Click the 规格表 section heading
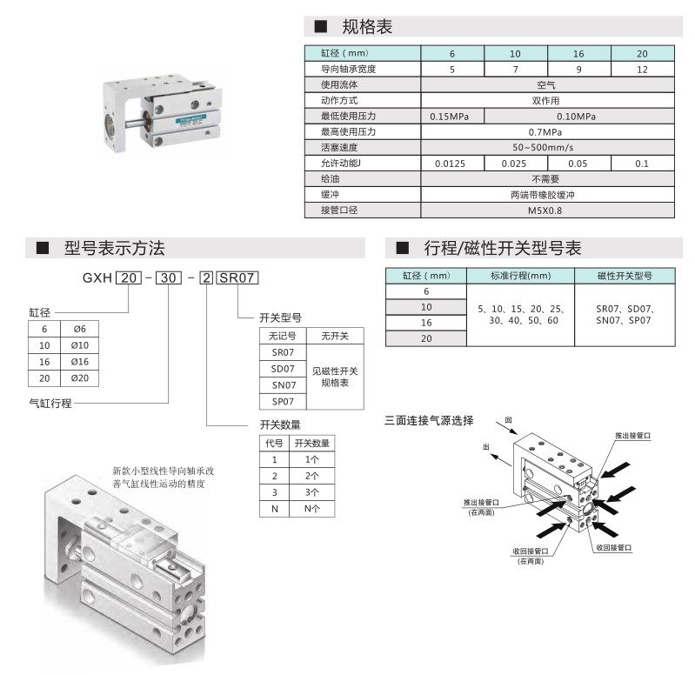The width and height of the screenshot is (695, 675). [367, 27]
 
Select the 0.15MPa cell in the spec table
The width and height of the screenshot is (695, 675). [449, 117]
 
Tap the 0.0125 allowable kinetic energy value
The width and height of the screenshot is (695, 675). [450, 164]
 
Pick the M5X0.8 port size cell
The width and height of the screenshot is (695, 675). [545, 211]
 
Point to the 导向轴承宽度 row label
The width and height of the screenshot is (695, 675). [349, 69]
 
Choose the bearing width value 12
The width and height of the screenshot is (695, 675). [642, 70]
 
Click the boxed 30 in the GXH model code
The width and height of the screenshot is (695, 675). [169, 277]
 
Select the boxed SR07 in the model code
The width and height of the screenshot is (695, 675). [237, 277]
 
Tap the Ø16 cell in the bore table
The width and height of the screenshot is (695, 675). [80, 362]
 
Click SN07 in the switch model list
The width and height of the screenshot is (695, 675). [284, 385]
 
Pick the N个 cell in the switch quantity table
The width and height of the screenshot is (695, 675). [311, 509]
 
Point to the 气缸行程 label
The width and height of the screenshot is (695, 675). [50, 404]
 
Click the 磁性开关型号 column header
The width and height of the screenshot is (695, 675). [625, 276]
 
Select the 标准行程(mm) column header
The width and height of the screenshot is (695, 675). [520, 276]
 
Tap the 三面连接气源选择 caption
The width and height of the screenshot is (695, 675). [429, 420]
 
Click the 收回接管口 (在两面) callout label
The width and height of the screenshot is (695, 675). [531, 556]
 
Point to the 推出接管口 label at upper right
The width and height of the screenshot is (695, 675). [632, 436]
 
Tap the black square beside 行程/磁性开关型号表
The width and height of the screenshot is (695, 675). [402, 248]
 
